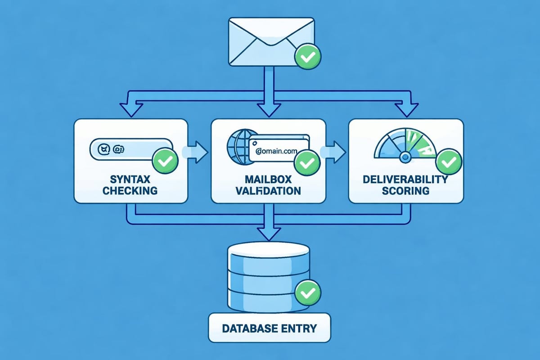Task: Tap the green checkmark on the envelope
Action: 308,57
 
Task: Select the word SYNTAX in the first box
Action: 130,179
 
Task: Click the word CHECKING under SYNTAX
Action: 130,190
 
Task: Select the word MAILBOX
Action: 269,179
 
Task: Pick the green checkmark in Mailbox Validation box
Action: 307,163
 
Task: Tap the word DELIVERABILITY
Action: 406,179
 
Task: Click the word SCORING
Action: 406,190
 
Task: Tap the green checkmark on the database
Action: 308,293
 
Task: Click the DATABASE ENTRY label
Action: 269,328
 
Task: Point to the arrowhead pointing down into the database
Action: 269,233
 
